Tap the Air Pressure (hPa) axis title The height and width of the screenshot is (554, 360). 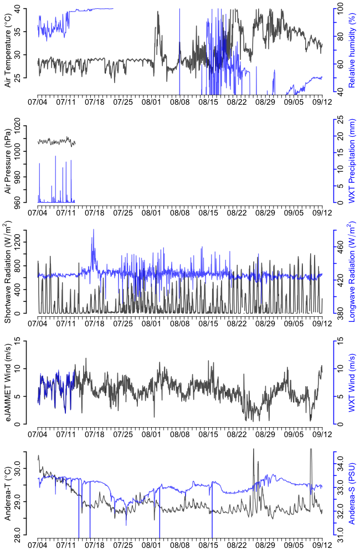coord(8,161)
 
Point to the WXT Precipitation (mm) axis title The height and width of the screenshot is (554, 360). coord(351,161)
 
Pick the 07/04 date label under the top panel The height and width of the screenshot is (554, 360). coord(38,102)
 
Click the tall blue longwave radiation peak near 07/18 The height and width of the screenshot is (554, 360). coord(93,230)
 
